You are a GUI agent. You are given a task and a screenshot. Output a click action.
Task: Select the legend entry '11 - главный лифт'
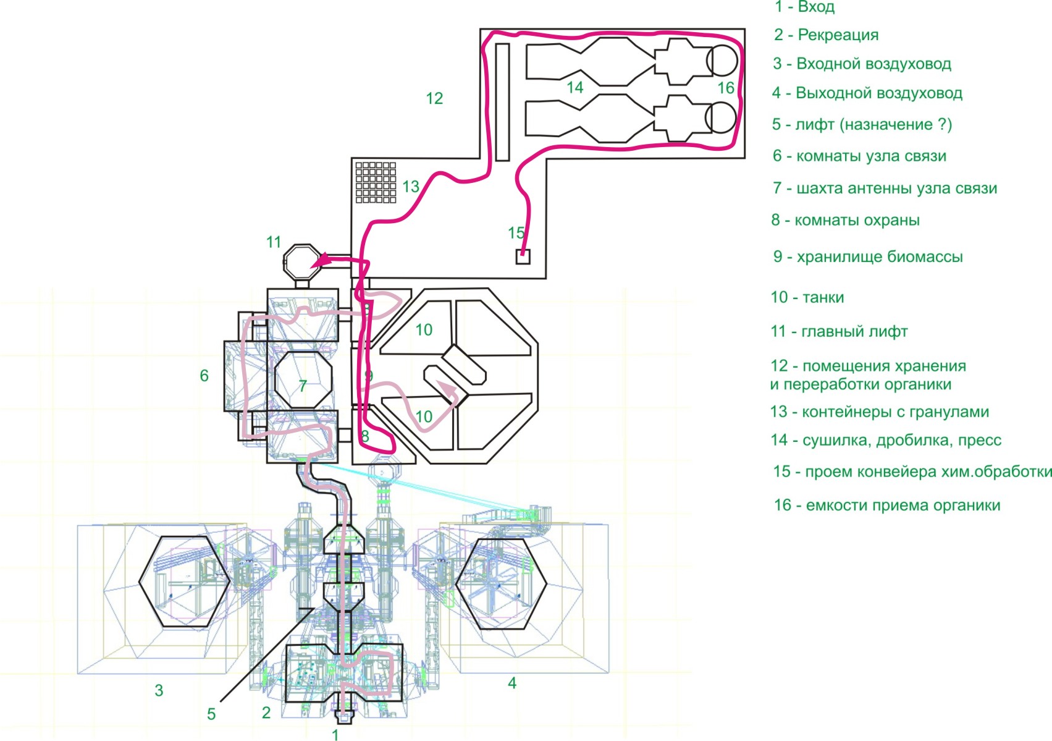click(x=839, y=332)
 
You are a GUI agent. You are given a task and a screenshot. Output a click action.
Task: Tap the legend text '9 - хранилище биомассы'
click(x=867, y=257)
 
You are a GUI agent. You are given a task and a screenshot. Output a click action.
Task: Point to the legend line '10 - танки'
click(x=807, y=298)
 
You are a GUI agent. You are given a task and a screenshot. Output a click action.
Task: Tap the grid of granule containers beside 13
click(x=376, y=182)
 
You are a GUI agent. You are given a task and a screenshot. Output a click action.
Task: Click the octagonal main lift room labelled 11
click(x=302, y=262)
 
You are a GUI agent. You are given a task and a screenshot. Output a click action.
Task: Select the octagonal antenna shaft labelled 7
click(x=303, y=378)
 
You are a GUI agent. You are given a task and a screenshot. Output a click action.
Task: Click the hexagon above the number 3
click(x=184, y=582)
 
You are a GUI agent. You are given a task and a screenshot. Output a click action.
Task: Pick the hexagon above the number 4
click(x=501, y=583)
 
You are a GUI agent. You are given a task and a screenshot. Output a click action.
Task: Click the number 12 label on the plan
click(x=434, y=98)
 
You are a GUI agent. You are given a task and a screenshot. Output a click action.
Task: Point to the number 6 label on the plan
click(x=204, y=376)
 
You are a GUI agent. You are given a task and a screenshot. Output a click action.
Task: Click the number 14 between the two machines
click(x=574, y=88)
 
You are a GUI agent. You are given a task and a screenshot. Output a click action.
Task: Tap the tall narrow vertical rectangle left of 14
click(x=502, y=102)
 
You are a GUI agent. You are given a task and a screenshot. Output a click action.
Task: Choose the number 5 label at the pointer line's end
click(x=211, y=714)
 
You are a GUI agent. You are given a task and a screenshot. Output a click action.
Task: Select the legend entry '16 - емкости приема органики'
click(x=886, y=506)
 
